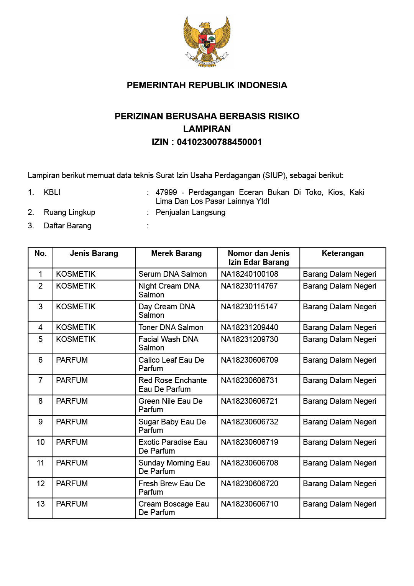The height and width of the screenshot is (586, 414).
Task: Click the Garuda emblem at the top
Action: (x=207, y=41)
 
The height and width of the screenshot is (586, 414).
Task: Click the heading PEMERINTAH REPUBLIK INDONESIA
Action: (x=207, y=85)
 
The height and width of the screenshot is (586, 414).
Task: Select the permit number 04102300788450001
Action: (x=219, y=142)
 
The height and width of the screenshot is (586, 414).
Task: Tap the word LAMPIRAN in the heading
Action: (x=207, y=129)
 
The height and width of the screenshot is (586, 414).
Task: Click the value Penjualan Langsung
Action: (x=191, y=212)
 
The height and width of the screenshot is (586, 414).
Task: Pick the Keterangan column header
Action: (x=343, y=253)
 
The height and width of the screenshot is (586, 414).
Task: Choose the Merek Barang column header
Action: (x=176, y=253)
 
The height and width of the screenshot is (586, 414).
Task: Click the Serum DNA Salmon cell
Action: (x=172, y=274)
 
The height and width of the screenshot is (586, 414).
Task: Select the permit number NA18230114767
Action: (x=249, y=286)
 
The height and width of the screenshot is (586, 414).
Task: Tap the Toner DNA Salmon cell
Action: (x=171, y=327)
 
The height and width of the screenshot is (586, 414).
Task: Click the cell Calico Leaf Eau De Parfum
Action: (x=171, y=364)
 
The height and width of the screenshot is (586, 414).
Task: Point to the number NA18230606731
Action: (x=250, y=380)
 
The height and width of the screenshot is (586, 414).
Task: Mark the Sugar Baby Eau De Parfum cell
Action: (x=172, y=426)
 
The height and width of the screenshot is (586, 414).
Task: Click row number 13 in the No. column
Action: (x=41, y=504)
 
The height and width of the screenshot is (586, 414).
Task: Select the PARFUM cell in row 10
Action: (x=72, y=442)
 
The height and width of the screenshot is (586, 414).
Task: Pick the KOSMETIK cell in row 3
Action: (x=76, y=307)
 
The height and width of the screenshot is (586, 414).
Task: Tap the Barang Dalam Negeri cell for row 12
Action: (x=340, y=484)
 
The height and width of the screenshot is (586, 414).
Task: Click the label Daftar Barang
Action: (x=67, y=226)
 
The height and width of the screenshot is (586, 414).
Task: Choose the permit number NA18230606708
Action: (x=250, y=463)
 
